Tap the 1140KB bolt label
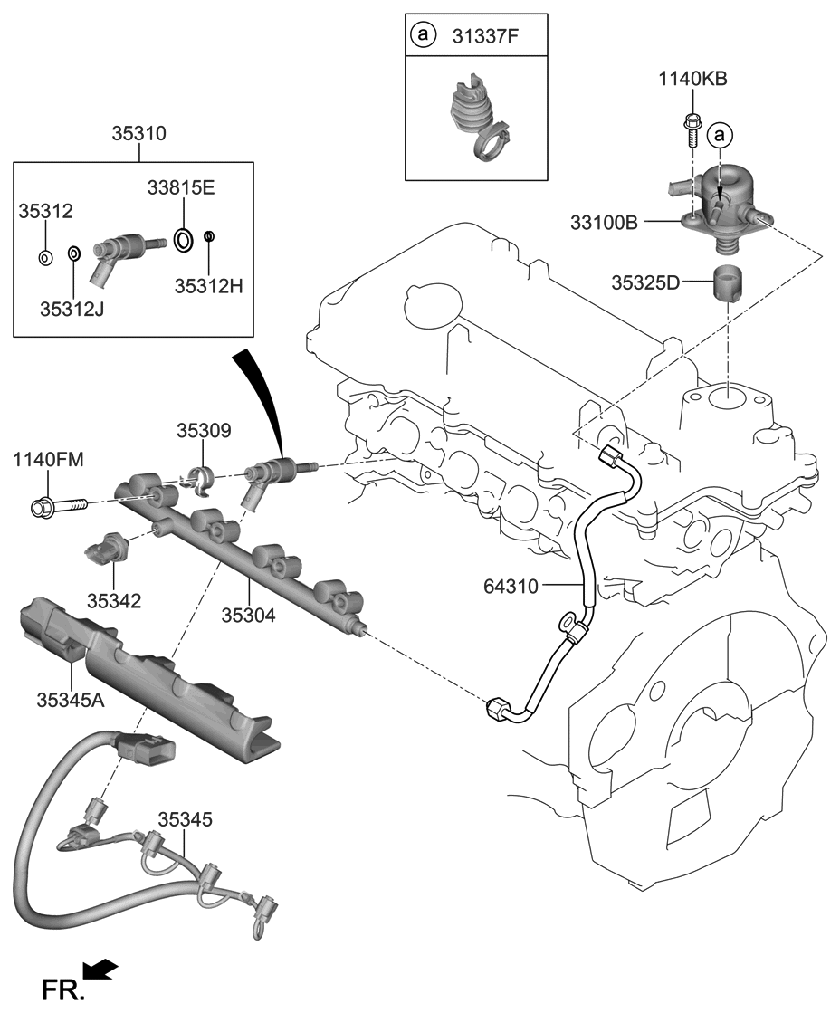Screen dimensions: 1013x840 pyautogui.click(x=692, y=79)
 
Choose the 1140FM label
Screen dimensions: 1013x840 pyautogui.click(x=48, y=461)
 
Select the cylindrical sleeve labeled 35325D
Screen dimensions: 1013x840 pyautogui.click(x=729, y=283)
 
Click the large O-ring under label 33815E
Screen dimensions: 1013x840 pyautogui.click(x=183, y=239)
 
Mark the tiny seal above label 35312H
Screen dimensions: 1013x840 pyautogui.click(x=209, y=237)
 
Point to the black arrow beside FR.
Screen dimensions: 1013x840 pyautogui.click(x=103, y=970)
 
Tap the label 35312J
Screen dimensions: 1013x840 pyautogui.click(x=72, y=310)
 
